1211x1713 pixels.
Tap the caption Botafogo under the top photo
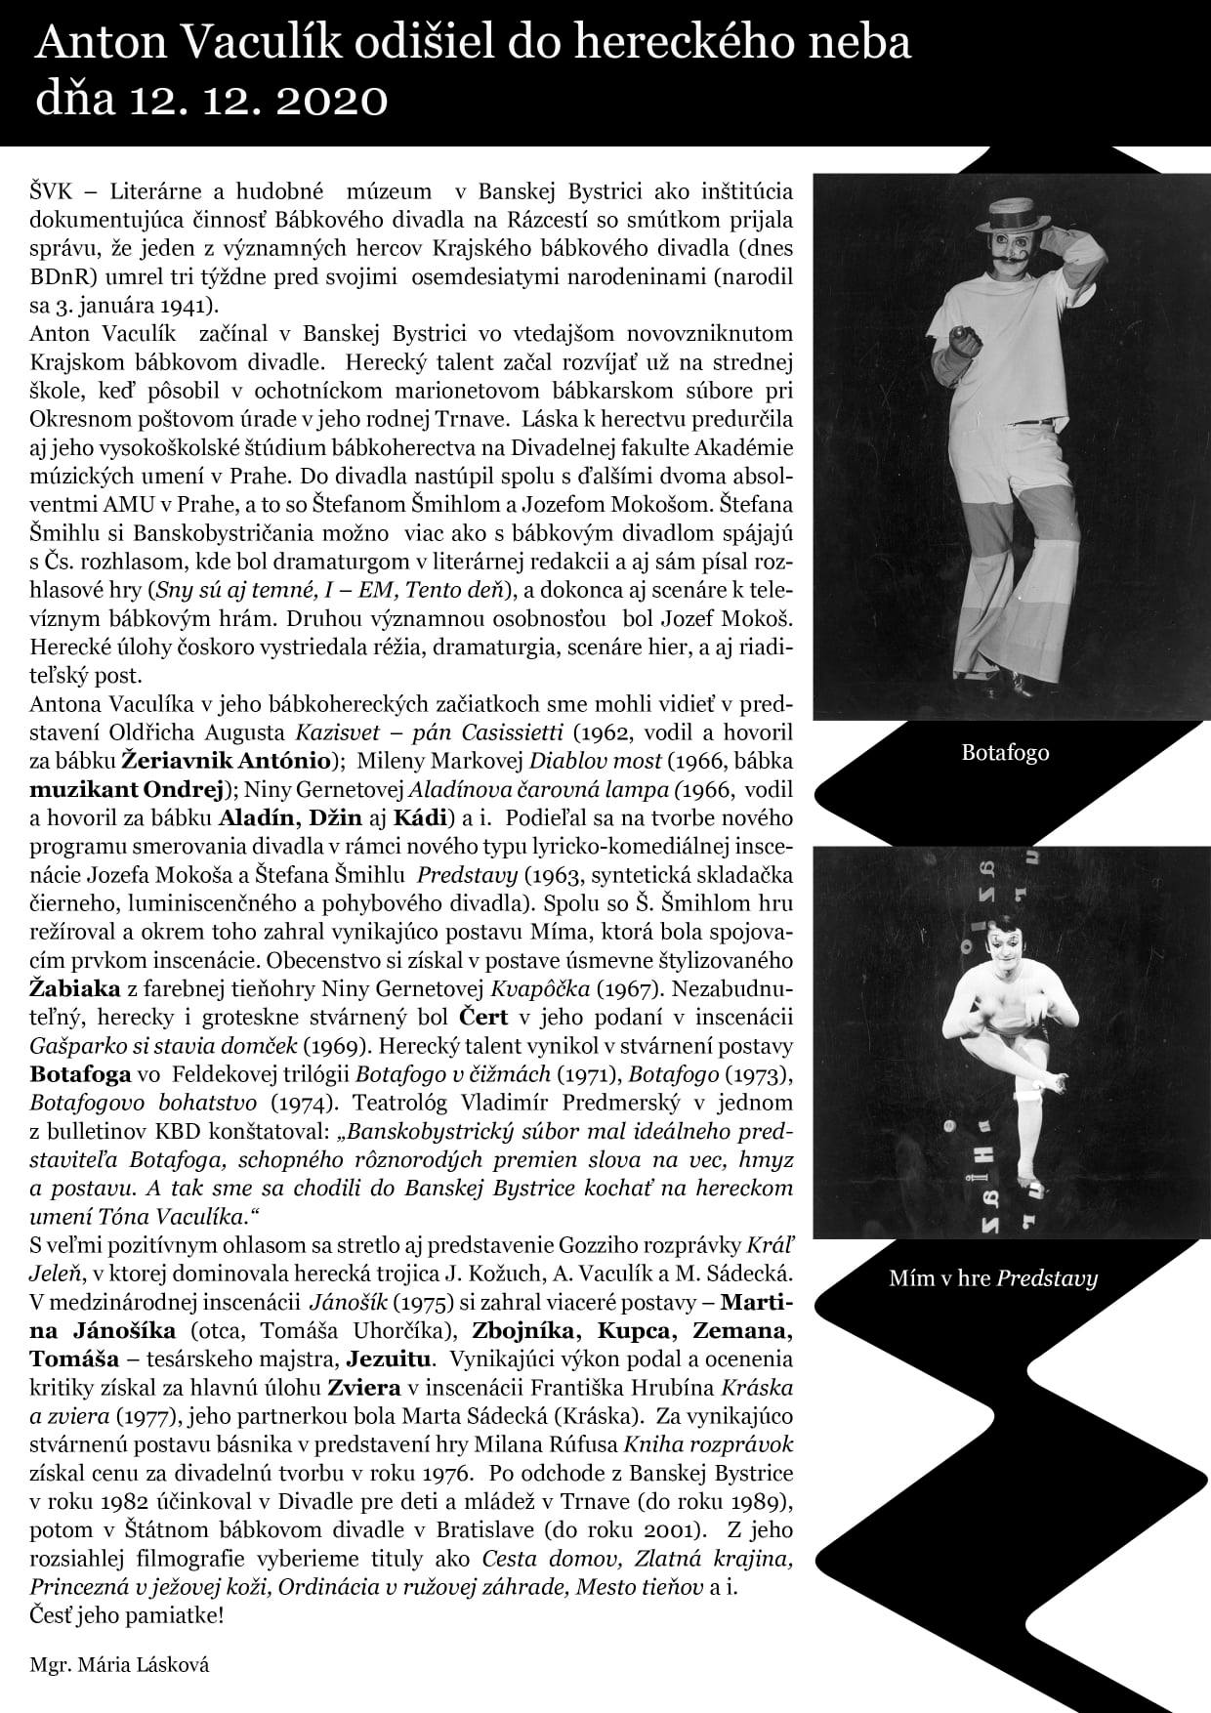1005,753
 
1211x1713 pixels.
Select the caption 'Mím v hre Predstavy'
993,1278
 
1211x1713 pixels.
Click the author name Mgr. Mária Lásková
119,1665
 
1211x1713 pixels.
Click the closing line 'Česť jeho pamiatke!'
127,1614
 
